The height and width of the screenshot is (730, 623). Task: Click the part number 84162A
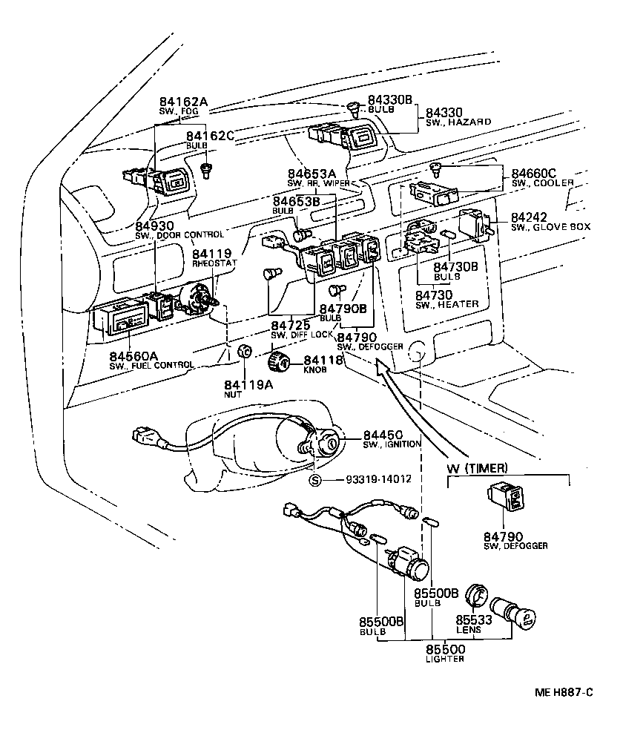(182, 102)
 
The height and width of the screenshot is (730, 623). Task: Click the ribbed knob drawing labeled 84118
(278, 362)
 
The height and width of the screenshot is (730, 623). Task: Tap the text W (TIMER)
(477, 467)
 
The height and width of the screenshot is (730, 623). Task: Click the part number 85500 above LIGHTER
(446, 649)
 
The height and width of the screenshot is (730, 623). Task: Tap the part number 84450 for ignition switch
(383, 434)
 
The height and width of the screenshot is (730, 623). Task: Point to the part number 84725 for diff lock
(290, 325)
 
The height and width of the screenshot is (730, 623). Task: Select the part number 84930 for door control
(154, 226)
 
